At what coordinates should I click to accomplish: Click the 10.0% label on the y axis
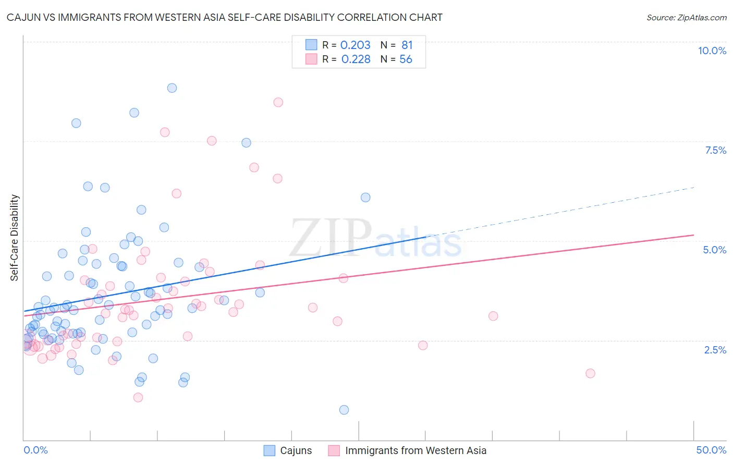tap(712, 51)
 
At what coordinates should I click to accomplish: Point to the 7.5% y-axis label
tap(715, 150)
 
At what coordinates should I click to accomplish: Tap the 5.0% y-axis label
tap(714, 250)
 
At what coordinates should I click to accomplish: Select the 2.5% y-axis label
tap(715, 350)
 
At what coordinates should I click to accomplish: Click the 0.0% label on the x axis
tap(35, 450)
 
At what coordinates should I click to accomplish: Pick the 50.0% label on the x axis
tap(711, 450)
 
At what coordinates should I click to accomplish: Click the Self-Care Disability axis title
tap(15, 238)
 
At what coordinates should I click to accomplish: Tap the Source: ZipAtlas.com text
tap(686, 17)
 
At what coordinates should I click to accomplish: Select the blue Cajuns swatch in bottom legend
tap(269, 450)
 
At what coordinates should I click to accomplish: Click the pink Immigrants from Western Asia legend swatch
tap(334, 450)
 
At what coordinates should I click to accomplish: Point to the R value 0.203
tap(355, 45)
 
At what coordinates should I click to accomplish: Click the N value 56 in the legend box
tap(406, 59)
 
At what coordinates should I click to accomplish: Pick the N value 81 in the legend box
tap(407, 45)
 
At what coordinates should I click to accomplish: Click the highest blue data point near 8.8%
tap(172, 88)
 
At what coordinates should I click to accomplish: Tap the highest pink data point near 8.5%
tap(278, 102)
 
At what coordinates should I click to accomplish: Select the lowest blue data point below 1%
tap(344, 410)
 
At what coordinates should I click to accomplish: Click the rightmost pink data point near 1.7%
tap(590, 373)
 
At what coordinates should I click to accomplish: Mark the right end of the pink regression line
tap(694, 235)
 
